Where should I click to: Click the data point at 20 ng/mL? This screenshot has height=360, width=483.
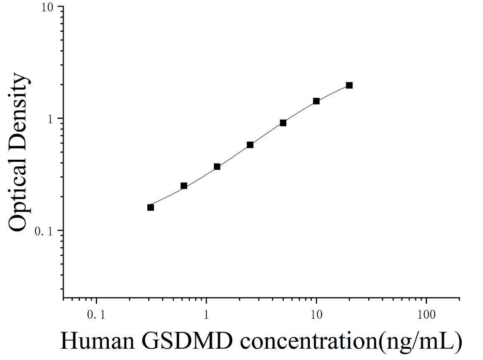349,85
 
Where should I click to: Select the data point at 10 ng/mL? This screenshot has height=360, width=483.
316,101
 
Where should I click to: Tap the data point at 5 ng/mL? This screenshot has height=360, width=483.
283,123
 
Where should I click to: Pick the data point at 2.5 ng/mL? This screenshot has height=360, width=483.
250,145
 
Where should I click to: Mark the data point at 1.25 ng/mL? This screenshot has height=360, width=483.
217,166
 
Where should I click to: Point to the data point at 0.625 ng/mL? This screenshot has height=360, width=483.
184,186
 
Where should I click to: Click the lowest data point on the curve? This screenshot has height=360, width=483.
150,207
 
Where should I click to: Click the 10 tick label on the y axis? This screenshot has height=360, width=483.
47,7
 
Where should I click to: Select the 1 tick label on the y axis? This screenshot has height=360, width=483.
51,119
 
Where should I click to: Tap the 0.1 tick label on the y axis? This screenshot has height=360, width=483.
44,231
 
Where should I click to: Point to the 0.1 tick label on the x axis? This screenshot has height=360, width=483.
96,314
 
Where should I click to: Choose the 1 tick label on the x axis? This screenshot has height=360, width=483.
206,314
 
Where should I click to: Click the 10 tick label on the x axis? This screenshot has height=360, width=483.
316,314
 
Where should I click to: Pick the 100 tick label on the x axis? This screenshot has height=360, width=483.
426,314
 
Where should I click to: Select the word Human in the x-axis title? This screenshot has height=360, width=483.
98,341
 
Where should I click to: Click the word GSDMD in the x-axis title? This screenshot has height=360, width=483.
187,341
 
